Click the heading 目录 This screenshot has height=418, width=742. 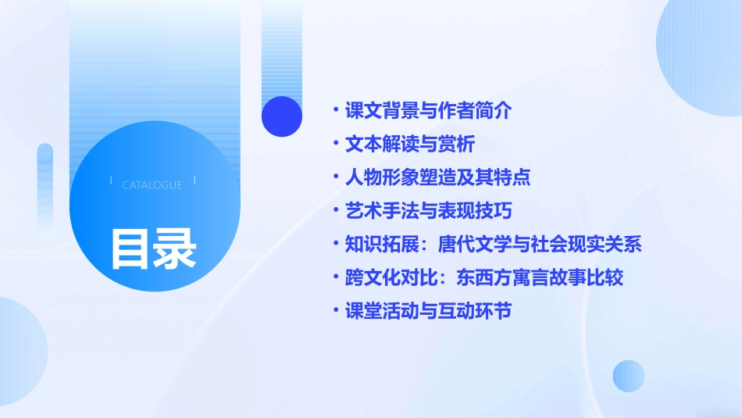(x=153, y=248)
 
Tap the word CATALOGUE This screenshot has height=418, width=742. (x=152, y=185)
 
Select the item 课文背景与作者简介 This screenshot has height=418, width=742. (x=428, y=110)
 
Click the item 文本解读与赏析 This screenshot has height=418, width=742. (x=410, y=144)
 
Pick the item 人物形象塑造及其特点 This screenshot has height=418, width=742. (x=437, y=177)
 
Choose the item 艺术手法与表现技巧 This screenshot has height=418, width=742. (x=428, y=210)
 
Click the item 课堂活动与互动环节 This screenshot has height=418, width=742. (x=428, y=310)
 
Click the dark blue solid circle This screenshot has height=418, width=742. (x=282, y=116)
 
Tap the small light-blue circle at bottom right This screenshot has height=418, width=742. (x=629, y=376)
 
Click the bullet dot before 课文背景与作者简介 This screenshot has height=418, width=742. (x=335, y=110)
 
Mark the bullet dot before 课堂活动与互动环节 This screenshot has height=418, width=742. (x=335, y=310)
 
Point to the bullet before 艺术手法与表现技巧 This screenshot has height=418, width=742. (x=335, y=210)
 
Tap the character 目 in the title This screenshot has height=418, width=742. (x=130, y=248)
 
